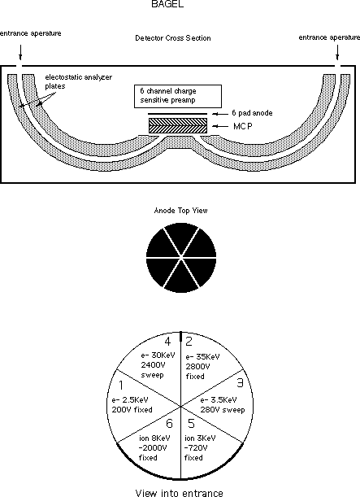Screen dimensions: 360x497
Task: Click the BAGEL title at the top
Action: [167, 4]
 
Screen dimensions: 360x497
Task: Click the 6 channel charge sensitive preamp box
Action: [178, 96]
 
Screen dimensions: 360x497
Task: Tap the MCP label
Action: [243, 126]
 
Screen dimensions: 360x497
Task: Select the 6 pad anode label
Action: [252, 113]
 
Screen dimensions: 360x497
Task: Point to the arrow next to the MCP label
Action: [220, 126]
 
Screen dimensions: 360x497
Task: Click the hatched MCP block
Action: [178, 125]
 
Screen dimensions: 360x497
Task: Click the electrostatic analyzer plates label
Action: [79, 81]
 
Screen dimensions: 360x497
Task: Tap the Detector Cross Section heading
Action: [173, 38]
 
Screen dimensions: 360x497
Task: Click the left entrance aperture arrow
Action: [20, 52]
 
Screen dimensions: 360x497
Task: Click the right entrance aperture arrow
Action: [337, 52]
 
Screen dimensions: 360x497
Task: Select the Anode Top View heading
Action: [180, 211]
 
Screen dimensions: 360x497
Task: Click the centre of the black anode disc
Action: [181, 257]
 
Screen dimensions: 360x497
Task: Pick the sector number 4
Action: [167, 342]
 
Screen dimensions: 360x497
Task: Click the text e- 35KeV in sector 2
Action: [202, 357]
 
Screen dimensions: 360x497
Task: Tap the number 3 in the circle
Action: [240, 383]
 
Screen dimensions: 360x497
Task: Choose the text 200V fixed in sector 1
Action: [132, 409]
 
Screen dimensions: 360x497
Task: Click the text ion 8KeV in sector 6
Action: [154, 438]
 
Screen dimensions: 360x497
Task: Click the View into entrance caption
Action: [180, 493]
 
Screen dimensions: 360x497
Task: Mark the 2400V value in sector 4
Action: [153, 365]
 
